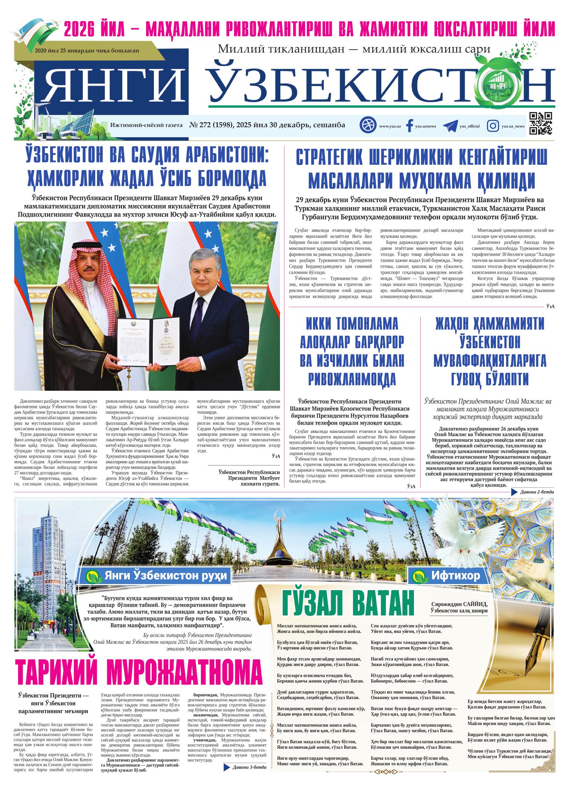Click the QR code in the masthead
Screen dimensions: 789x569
pos(541,123)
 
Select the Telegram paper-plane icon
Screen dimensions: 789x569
pos(450,126)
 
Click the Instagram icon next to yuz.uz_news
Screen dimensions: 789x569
pos(493,126)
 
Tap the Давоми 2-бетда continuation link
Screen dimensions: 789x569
pos(538,492)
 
